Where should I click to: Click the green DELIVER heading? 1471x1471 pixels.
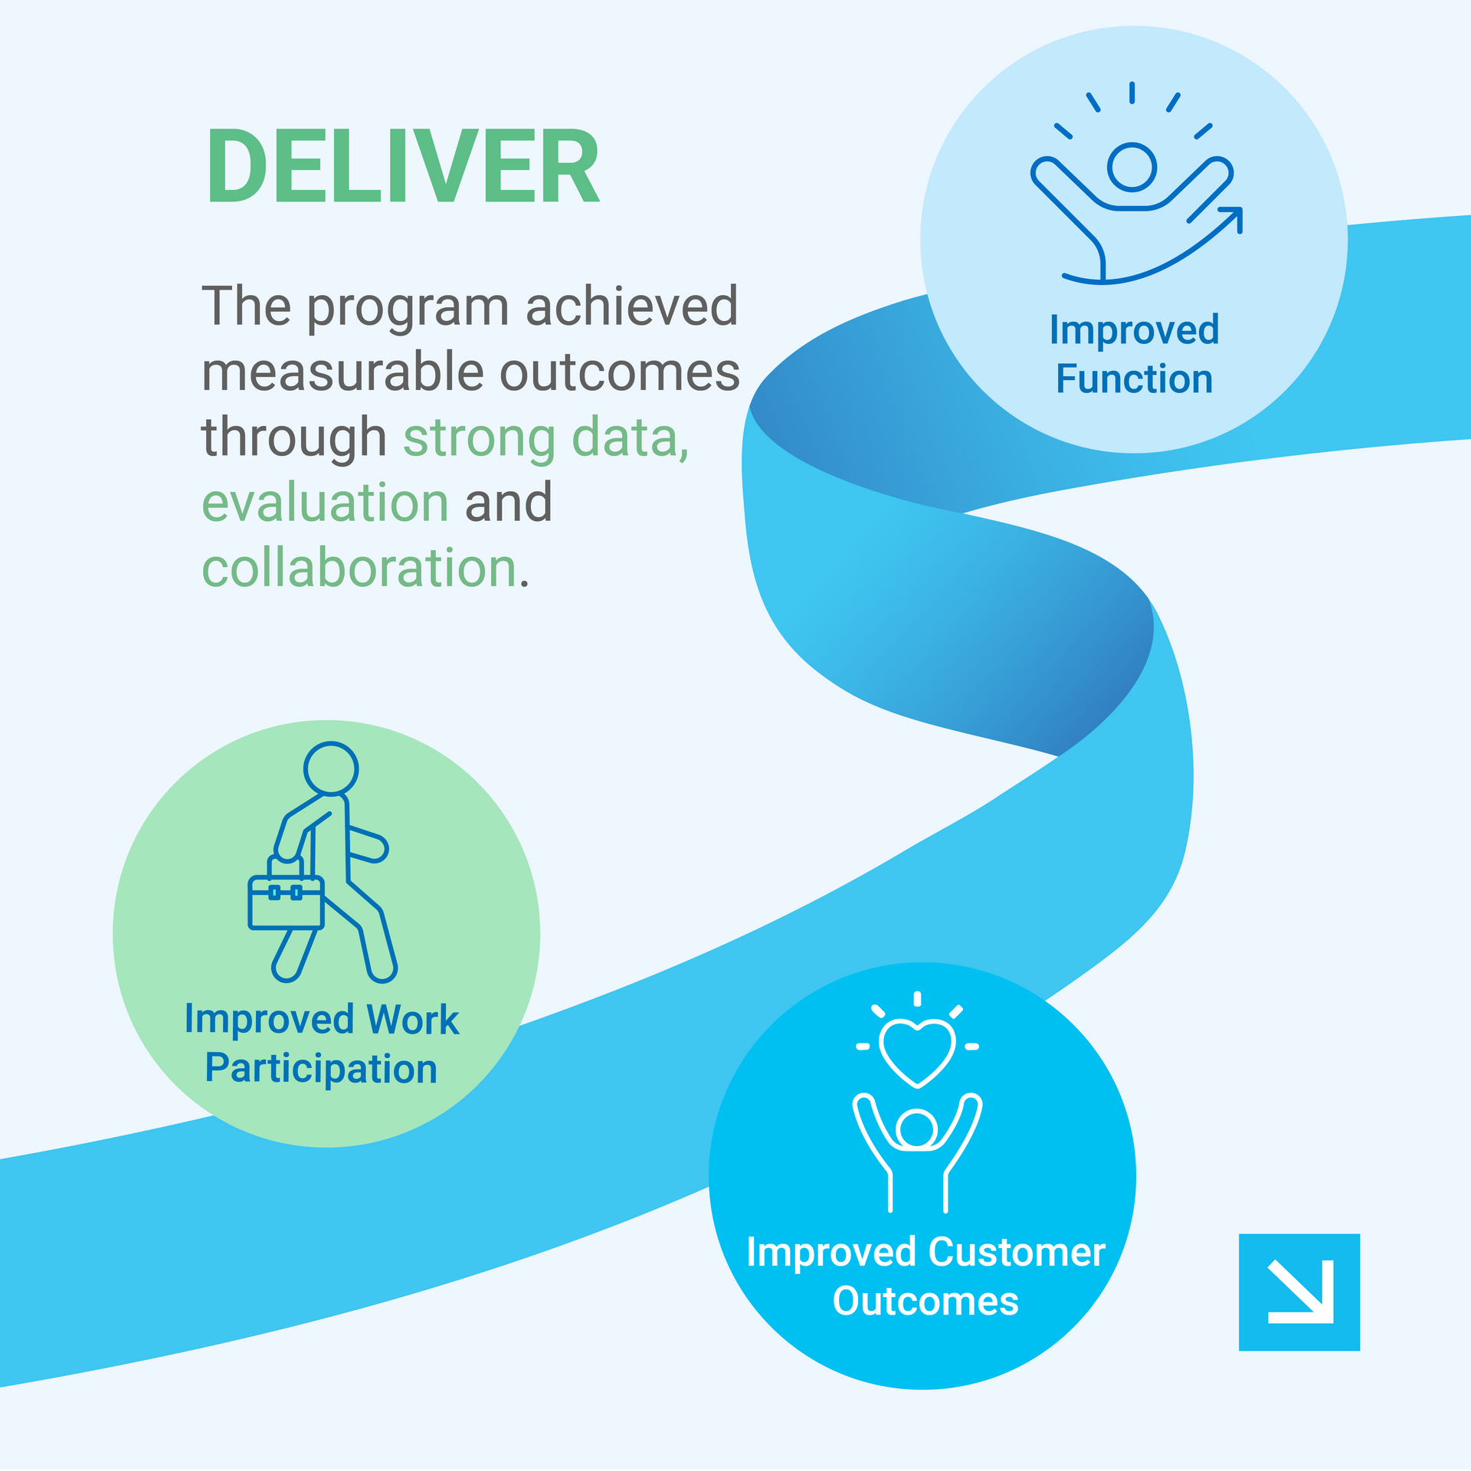(402, 166)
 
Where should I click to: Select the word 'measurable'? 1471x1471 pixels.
(342, 372)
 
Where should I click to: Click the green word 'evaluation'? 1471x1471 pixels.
(325, 503)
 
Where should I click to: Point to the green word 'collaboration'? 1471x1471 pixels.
(359, 568)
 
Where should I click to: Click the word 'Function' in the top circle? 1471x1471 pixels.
(1134, 379)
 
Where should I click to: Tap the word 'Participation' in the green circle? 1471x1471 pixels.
(321, 1069)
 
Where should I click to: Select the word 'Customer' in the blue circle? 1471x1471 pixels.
(1017, 1253)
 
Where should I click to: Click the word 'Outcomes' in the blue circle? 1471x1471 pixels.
(926, 1302)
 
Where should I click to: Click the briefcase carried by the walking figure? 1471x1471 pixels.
(286, 894)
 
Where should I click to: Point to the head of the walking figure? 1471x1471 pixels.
(331, 768)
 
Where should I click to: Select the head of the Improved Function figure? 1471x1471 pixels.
(1132, 167)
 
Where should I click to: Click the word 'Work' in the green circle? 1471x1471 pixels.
(412, 1020)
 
